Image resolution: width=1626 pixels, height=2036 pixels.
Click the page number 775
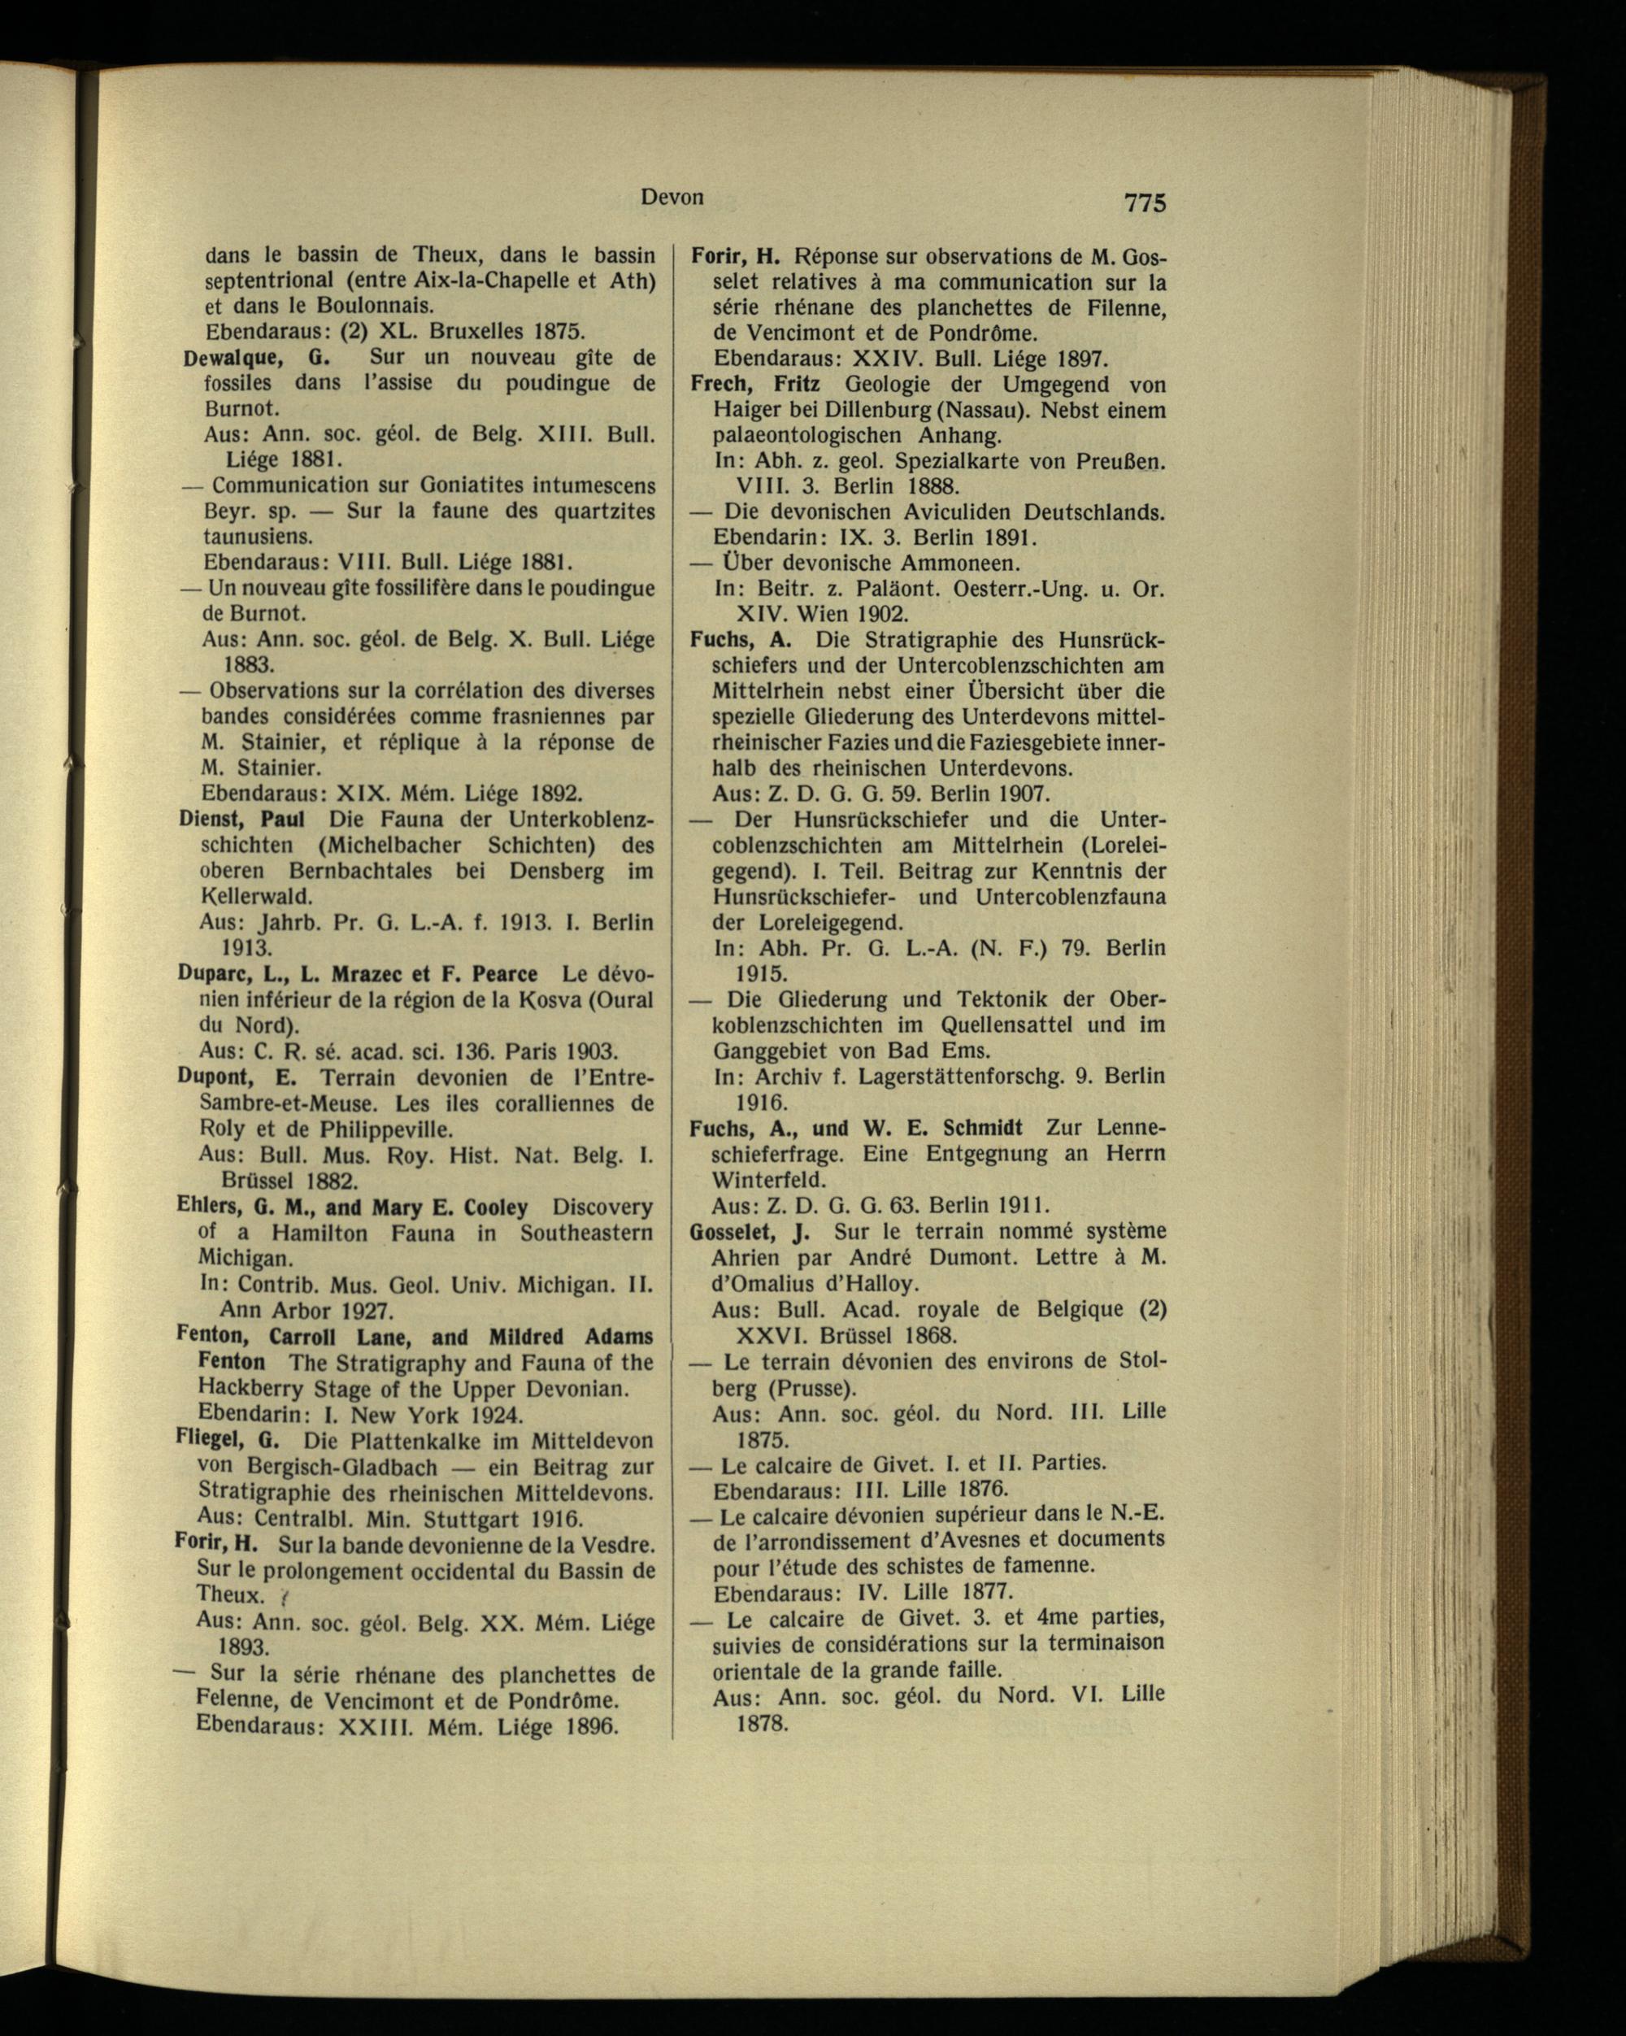click(1146, 202)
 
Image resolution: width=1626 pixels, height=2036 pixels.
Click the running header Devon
click(672, 197)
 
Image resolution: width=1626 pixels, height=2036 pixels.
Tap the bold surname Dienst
click(216, 819)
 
